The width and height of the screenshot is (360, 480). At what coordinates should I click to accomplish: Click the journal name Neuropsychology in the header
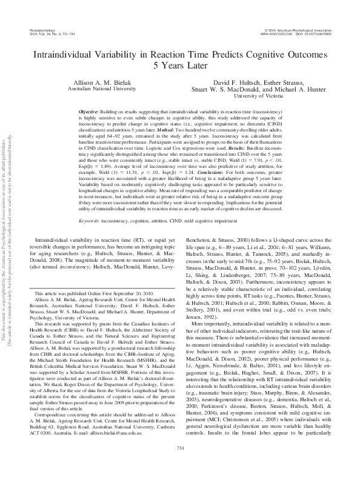(x=39, y=29)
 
